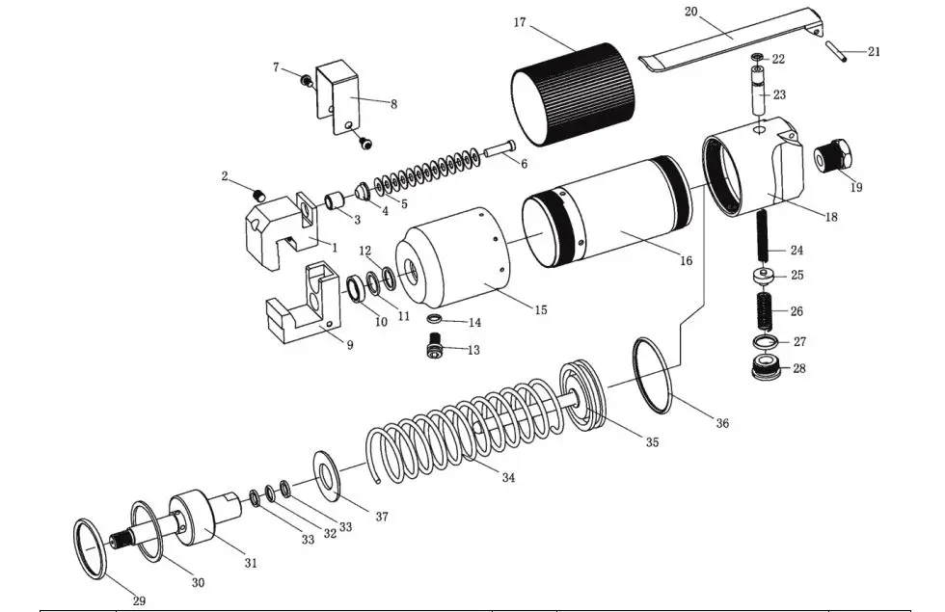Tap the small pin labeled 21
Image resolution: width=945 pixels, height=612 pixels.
click(x=837, y=53)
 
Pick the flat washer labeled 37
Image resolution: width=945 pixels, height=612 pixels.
click(x=327, y=474)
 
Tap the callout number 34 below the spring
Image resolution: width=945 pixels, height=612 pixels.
click(x=508, y=477)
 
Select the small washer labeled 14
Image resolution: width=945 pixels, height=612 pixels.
click(x=435, y=319)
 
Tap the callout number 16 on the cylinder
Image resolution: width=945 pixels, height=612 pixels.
click(x=686, y=260)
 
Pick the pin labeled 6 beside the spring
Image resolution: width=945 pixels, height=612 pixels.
click(x=497, y=150)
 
